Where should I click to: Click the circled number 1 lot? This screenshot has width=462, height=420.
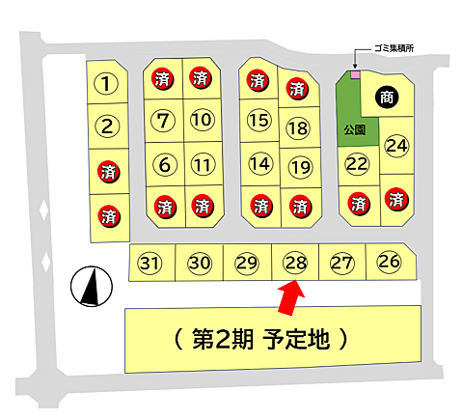coord(109,84)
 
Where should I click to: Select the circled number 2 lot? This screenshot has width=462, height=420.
coord(109,126)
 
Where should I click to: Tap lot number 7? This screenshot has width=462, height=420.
coord(164,121)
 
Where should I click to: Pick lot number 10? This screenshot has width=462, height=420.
coord(201,120)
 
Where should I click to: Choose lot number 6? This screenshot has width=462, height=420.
coord(164,164)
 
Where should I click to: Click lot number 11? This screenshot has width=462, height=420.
coord(201,164)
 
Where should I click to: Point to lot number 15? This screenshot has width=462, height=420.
coord(258,121)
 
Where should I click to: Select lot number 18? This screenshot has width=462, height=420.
coord(298,127)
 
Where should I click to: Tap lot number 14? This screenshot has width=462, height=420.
coord(258,164)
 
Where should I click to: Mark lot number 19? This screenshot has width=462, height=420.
coord(300,167)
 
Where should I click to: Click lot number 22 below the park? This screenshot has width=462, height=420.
coord(358,164)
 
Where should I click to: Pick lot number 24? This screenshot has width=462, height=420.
coord(396,146)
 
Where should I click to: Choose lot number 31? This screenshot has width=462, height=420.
coord(149,263)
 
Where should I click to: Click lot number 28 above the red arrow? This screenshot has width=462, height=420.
coord(295,263)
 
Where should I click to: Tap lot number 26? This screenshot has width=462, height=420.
coord(389,261)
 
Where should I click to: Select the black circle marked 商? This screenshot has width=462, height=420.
coord(387,97)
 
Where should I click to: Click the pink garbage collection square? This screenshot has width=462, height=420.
coord(354,73)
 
